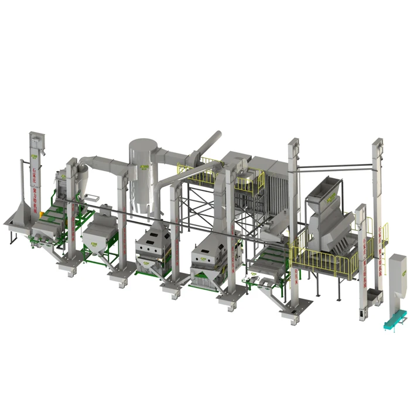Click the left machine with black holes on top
point(153,240)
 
